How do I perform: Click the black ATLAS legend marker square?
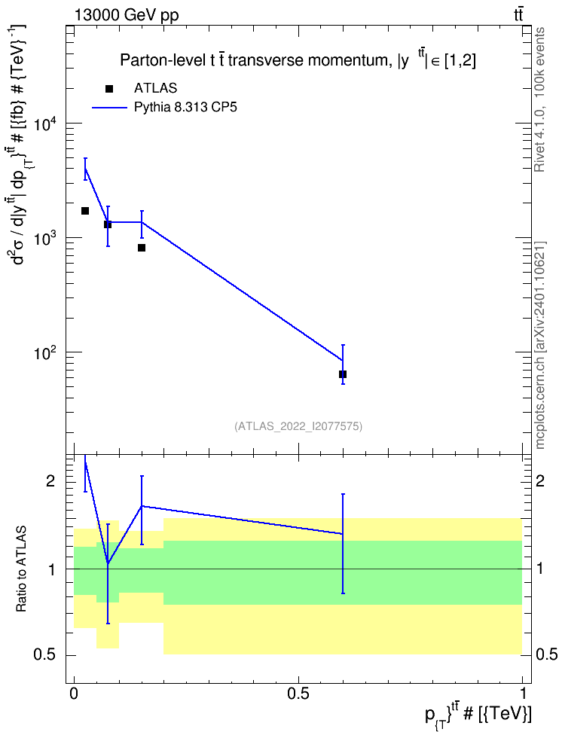[109, 89]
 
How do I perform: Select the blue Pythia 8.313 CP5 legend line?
[109, 108]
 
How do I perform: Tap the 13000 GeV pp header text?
[127, 15]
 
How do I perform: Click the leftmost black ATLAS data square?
[85, 211]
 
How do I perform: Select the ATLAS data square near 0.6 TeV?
[343, 374]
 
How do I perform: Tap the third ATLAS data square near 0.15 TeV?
[142, 248]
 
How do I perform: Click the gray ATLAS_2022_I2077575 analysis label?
[298, 426]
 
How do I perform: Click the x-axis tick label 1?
[523, 694]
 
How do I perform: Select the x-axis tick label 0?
[73, 694]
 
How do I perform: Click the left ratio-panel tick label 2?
[51, 481]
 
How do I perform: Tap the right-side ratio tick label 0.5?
[546, 655]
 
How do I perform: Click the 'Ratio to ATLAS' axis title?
[21, 569]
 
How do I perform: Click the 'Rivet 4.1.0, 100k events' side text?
[539, 99]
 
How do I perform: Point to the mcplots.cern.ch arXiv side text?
[540, 345]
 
